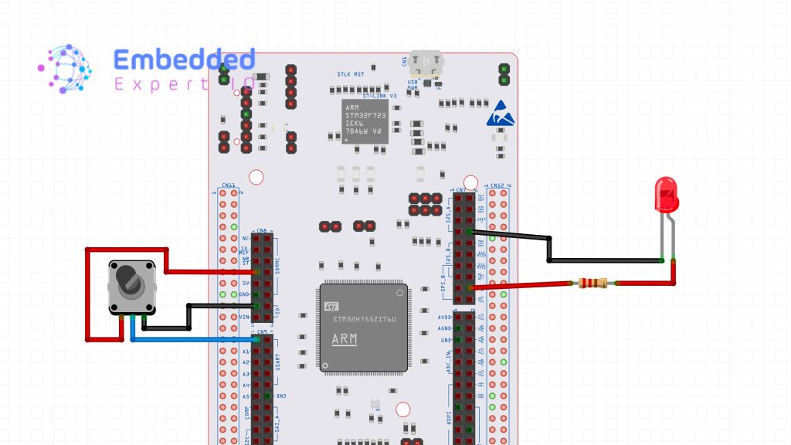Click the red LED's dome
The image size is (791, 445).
(x=666, y=193)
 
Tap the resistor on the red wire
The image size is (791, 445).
(x=592, y=284)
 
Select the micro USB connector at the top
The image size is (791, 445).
(x=427, y=63)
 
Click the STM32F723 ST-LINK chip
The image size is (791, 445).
(x=363, y=119)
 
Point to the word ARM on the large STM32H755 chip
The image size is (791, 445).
(x=345, y=339)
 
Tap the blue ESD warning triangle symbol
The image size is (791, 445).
(x=499, y=114)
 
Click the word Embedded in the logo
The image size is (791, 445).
(x=184, y=59)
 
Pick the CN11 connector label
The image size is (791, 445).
(x=228, y=185)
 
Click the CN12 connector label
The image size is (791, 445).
(x=497, y=185)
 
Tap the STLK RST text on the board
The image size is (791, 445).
(x=349, y=74)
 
